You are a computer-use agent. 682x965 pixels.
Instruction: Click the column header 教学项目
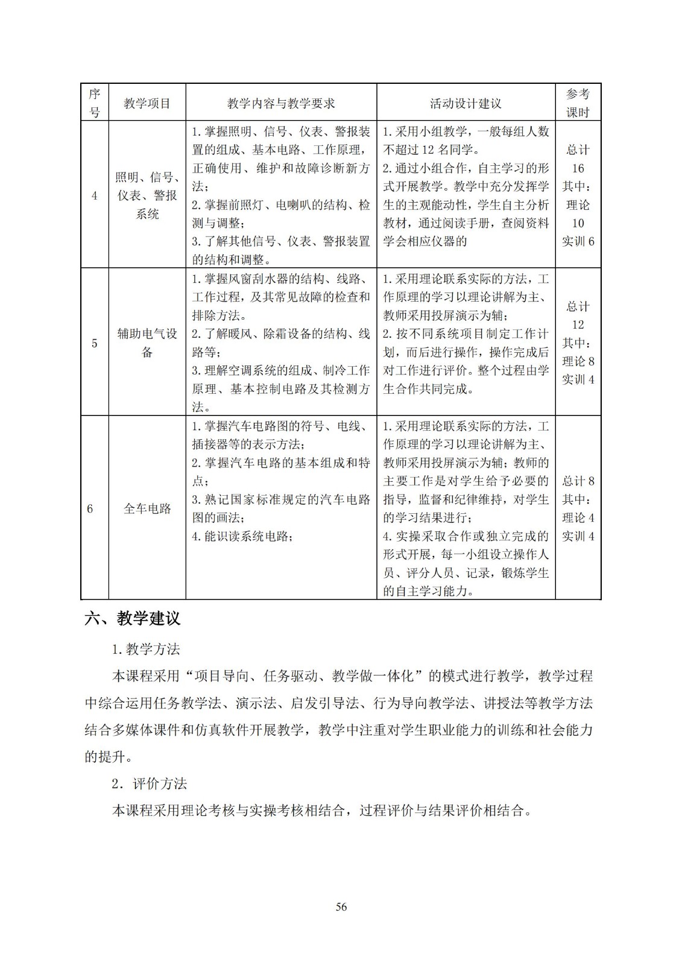(x=147, y=103)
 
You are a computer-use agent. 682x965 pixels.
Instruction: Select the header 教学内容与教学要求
(x=281, y=103)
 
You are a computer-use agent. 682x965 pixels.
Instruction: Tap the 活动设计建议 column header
(x=466, y=103)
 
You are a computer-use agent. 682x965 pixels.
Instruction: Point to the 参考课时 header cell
(x=578, y=103)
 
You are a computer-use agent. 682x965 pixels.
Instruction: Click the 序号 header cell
(x=95, y=103)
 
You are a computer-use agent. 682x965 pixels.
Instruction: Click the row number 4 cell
(x=95, y=195)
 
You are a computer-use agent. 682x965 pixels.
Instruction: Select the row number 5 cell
(x=95, y=343)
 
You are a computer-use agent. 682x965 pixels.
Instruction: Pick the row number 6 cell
(x=90, y=508)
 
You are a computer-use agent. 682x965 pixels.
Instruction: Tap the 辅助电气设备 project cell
(x=147, y=343)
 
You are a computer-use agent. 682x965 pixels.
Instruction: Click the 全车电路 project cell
(x=147, y=508)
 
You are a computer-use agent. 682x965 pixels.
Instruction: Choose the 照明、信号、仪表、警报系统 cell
(x=147, y=195)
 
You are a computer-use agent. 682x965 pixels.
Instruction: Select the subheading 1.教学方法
(x=146, y=649)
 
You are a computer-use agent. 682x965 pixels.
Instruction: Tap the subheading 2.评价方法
(x=150, y=783)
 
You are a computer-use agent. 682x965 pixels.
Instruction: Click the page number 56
(x=341, y=906)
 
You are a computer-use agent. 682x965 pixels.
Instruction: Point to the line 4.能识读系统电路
(x=243, y=536)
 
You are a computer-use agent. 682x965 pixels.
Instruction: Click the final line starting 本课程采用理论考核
(x=323, y=811)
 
